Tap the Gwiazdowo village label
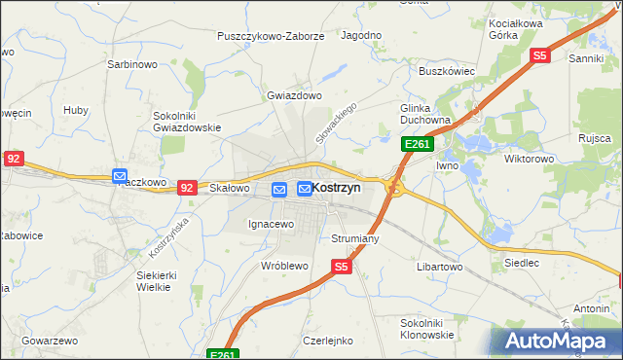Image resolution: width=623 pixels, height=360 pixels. click(294, 96)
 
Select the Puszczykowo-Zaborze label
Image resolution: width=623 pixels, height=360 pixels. click(272, 36)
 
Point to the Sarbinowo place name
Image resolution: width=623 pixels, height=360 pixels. click(131, 65)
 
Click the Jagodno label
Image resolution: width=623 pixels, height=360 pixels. click(361, 35)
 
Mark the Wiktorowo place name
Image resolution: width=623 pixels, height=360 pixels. click(530, 158)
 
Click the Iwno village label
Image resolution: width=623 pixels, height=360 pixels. click(447, 166)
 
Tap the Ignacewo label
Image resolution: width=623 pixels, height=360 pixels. click(271, 225)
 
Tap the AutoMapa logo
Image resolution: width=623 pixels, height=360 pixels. click(557, 341)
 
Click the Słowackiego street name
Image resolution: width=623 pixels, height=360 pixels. click(337, 120)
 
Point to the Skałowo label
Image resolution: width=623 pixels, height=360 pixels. click(231, 188)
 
